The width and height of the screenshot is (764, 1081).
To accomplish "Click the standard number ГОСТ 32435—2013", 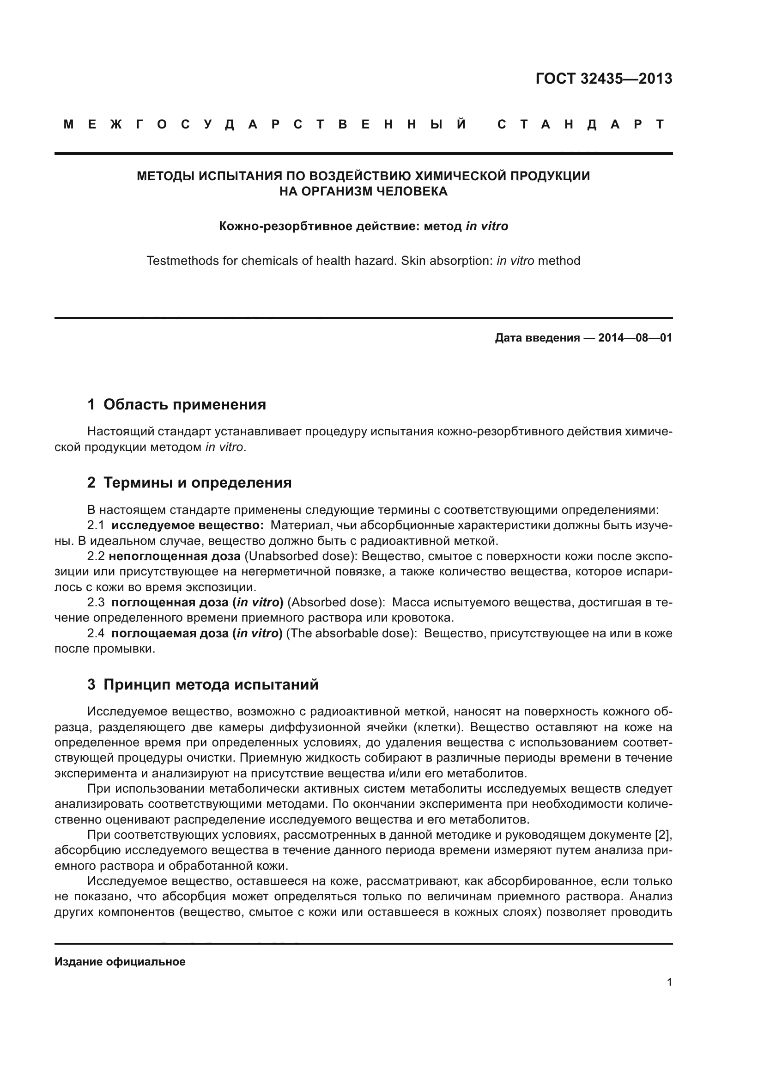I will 604,79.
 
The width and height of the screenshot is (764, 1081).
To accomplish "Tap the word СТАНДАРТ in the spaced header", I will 581,124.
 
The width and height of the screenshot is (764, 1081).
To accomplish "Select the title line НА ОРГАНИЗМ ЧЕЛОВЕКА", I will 363,191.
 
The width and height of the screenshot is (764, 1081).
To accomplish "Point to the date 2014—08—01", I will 635,337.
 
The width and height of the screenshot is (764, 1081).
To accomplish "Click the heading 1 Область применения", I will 176,404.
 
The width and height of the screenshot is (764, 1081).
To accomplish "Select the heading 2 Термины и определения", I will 189,482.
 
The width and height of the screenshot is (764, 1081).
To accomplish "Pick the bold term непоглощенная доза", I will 175,556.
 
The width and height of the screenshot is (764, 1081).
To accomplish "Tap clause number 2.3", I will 96,603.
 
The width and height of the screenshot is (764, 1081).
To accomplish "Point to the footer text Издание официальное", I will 120,961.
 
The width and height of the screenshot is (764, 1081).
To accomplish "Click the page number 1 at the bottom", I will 669,983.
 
